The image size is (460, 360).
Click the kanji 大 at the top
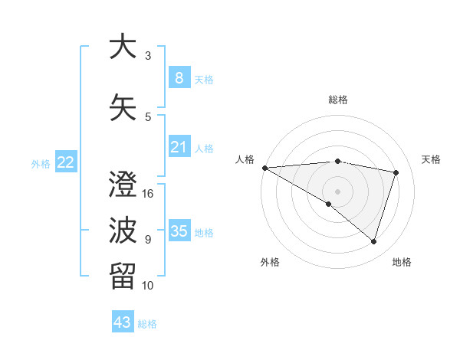(x=121, y=47)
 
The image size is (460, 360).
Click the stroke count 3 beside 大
(x=148, y=56)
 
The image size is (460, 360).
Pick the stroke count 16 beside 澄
(x=149, y=193)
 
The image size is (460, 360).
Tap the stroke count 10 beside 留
(x=149, y=285)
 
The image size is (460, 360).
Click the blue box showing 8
(x=179, y=77)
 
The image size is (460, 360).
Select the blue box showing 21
(x=179, y=146)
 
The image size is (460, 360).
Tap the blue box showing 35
(x=179, y=231)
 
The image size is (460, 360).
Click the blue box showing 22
(x=66, y=162)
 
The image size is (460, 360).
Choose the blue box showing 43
(x=123, y=322)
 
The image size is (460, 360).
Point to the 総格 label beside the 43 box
(x=147, y=324)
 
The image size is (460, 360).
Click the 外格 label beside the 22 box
(x=40, y=163)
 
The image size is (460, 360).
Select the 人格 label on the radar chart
(x=245, y=159)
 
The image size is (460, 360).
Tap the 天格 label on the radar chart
(x=431, y=159)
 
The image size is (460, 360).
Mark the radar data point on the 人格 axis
(x=264, y=167)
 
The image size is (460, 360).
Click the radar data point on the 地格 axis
(x=373, y=242)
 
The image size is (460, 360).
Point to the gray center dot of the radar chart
(x=337, y=190)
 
